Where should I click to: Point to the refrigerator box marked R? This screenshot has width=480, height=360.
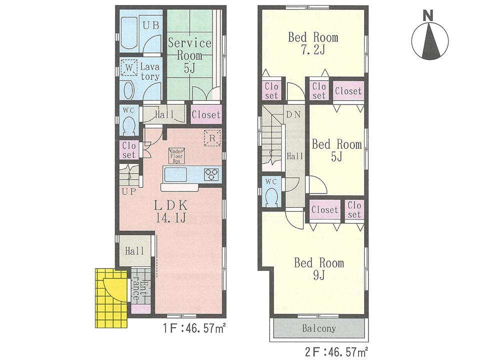[x=211, y=138]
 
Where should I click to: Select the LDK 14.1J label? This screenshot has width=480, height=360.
[x=170, y=210]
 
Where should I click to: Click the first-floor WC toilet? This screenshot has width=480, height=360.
[x=128, y=123]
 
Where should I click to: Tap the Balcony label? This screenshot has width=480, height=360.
[x=318, y=329]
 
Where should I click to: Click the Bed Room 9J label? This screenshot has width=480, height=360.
[x=318, y=268]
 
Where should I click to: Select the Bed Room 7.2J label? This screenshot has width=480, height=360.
[x=313, y=43]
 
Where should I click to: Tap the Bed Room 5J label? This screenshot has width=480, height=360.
[x=336, y=150]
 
